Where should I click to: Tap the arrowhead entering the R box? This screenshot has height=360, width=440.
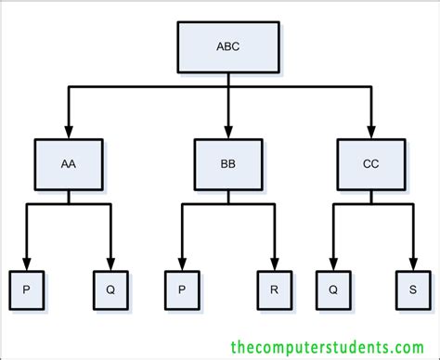pos(276,264)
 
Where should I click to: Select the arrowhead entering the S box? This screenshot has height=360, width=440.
pos(412,264)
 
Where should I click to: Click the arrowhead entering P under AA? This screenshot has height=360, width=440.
pos(27,264)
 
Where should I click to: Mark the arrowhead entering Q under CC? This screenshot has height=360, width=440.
pos(331,264)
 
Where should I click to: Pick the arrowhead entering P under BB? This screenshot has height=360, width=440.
pos(182,264)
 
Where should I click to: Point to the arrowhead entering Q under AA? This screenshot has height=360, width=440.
pos(110,264)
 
